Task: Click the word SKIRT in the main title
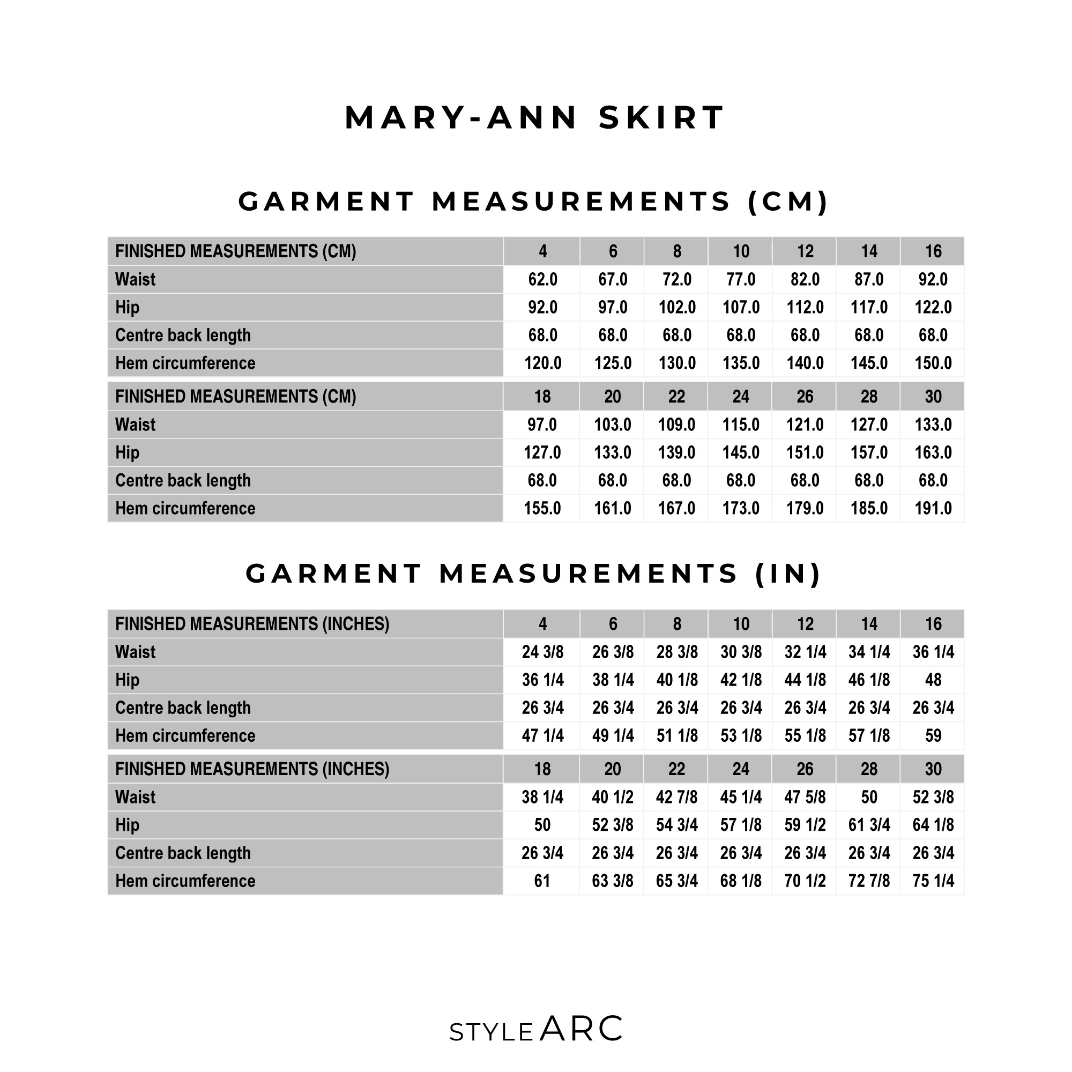(x=661, y=118)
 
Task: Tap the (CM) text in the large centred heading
(x=788, y=202)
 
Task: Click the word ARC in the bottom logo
(x=581, y=1029)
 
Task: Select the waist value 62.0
(x=542, y=280)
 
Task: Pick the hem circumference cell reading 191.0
(x=933, y=508)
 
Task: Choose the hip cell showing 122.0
(x=933, y=307)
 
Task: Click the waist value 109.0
(x=676, y=425)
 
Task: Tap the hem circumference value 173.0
(x=741, y=508)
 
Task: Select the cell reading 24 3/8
(x=542, y=652)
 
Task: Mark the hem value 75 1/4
(x=933, y=881)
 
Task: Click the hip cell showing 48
(x=933, y=680)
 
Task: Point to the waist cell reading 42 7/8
(x=676, y=798)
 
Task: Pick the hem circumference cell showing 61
(x=542, y=881)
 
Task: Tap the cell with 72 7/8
(x=869, y=881)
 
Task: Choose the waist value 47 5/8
(x=805, y=798)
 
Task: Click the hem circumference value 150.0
(x=933, y=363)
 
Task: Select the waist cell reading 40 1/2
(x=612, y=798)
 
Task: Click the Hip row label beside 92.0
(x=127, y=307)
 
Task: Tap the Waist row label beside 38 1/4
(x=135, y=798)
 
